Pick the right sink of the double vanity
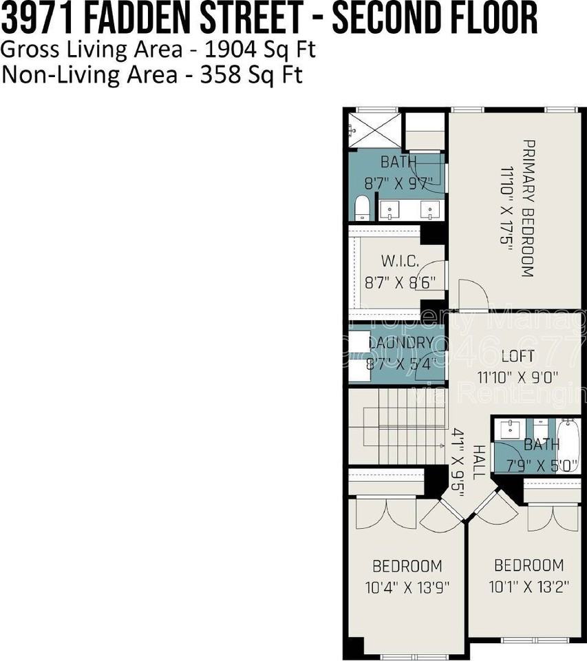pyautogui.click(x=431, y=209)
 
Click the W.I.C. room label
pyautogui.click(x=400, y=262)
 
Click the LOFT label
pyautogui.click(x=517, y=357)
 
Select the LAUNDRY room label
pyautogui.click(x=401, y=343)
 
